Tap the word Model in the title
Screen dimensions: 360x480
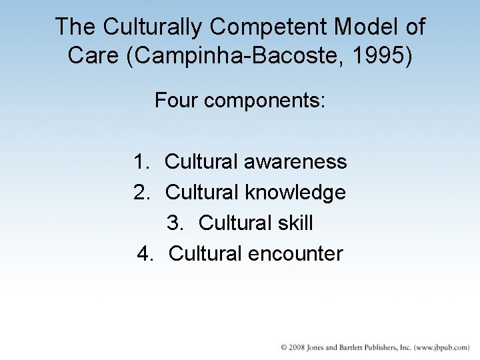pyautogui.click(x=360, y=27)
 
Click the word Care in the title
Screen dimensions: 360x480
pyautogui.click(x=91, y=55)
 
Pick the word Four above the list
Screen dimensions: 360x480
pyautogui.click(x=177, y=101)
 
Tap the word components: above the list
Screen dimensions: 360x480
pyautogui.click(x=265, y=101)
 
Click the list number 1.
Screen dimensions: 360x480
pyautogui.click(x=141, y=162)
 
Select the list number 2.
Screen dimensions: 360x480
pyautogui.click(x=141, y=193)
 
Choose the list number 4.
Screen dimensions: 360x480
pyautogui.click(x=145, y=254)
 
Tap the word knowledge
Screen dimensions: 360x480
pyautogui.click(x=295, y=193)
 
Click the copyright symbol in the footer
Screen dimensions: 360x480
pyautogui.click(x=284, y=348)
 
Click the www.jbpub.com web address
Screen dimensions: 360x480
pyautogui.click(x=440, y=348)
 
